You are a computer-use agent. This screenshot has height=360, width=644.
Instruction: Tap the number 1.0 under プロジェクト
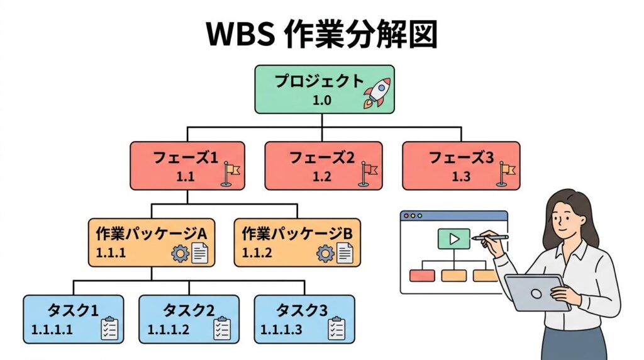click(322, 99)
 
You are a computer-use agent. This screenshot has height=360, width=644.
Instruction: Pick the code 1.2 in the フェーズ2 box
click(322, 177)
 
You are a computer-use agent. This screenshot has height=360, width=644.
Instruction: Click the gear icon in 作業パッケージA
click(180, 254)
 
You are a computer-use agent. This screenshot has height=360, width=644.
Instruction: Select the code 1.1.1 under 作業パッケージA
click(111, 253)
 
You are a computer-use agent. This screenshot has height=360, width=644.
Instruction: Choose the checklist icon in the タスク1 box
click(109, 329)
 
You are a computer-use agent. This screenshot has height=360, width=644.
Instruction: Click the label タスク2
click(189, 310)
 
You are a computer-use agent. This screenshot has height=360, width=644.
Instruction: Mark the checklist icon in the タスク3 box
click(336, 329)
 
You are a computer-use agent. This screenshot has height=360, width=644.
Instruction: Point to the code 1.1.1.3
click(281, 329)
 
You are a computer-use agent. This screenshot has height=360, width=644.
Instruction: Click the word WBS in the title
click(241, 35)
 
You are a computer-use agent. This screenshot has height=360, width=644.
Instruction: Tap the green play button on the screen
click(454, 239)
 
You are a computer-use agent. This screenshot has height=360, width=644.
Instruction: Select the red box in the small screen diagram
click(422, 275)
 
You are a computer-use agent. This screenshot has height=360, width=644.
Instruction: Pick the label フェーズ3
click(461, 158)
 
